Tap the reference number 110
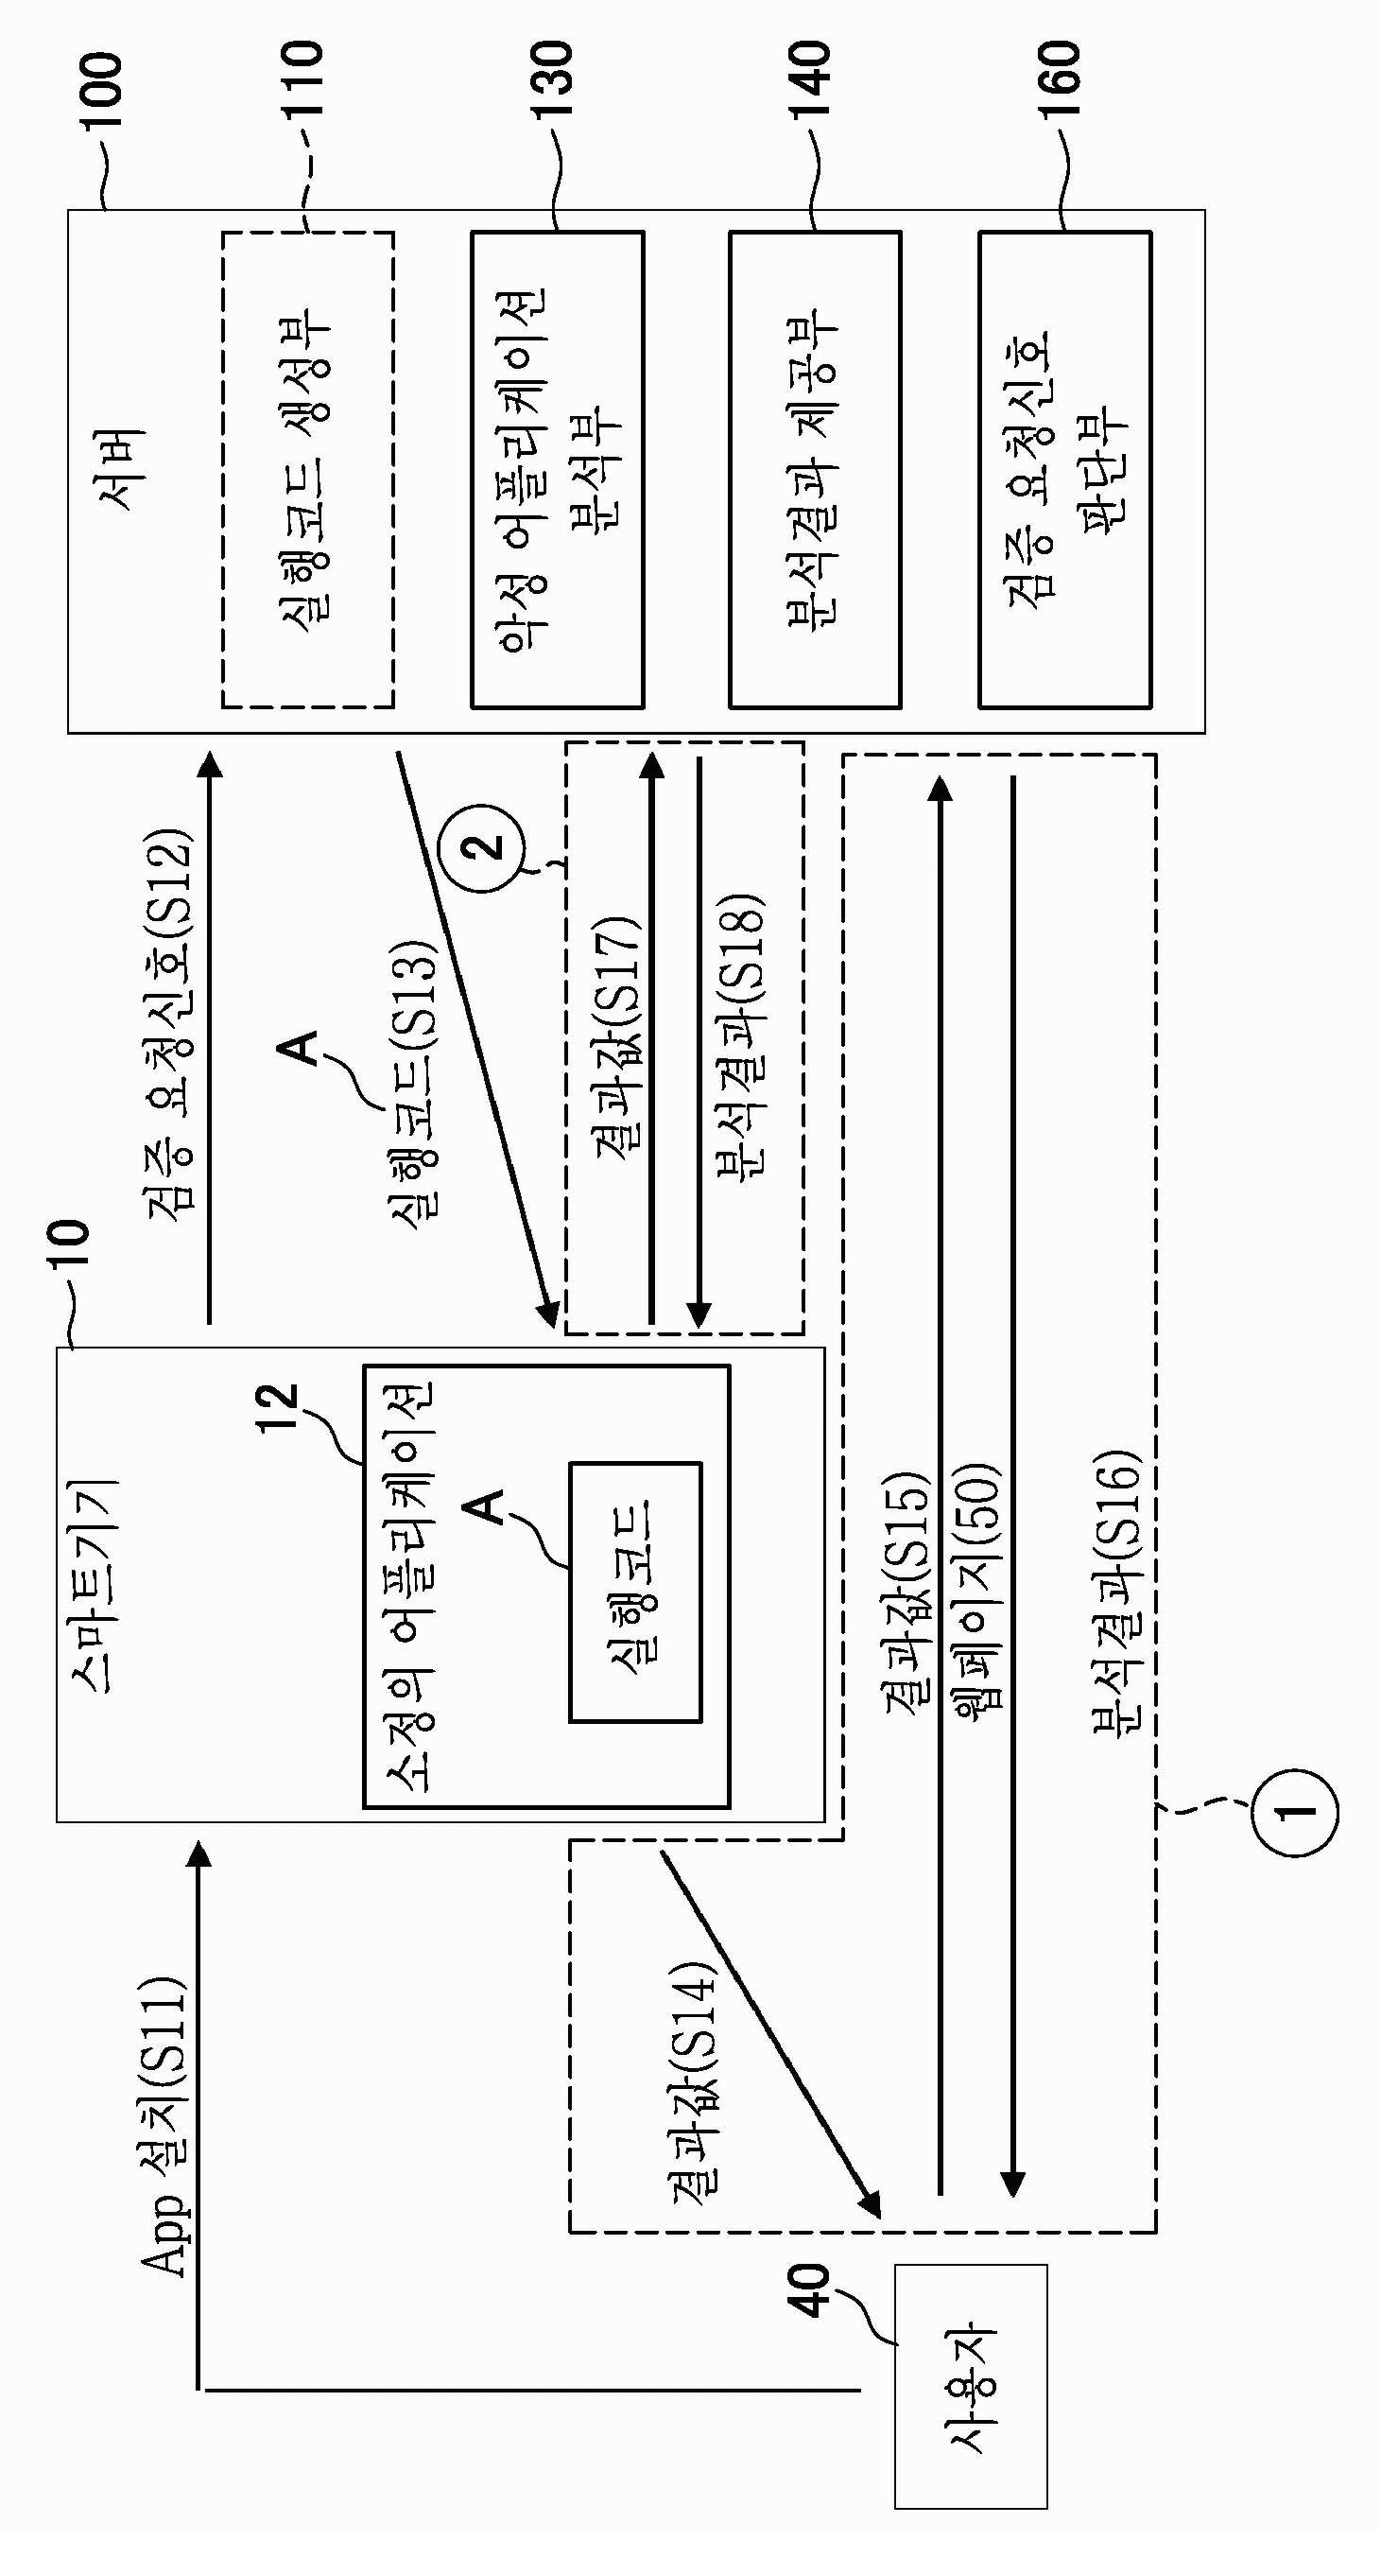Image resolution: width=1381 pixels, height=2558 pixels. (x=303, y=78)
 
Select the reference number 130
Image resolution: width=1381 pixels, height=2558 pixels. (x=553, y=78)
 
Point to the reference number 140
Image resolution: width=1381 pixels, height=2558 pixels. (x=810, y=78)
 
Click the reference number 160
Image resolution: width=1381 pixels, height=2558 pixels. (x=1061, y=78)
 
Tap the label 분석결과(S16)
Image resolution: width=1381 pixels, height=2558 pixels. (x=1118, y=1594)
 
